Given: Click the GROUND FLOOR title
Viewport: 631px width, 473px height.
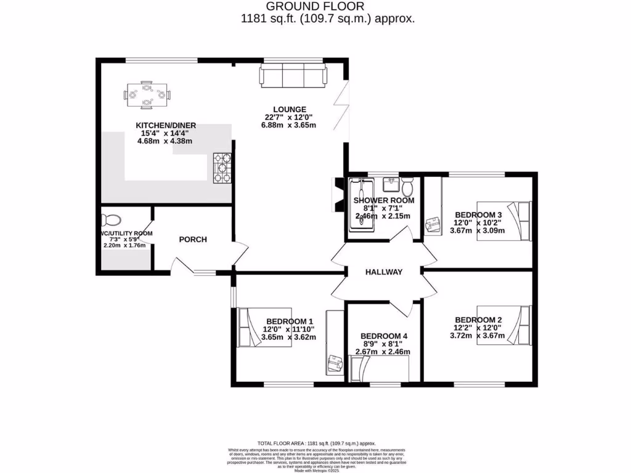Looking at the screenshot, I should point(327,7).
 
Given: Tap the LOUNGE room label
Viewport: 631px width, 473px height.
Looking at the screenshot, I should point(290,109).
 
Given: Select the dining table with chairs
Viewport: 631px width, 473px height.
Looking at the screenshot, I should point(147,94).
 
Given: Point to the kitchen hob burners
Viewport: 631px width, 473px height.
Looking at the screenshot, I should point(222,168).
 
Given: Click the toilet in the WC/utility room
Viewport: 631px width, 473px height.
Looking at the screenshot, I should point(112,219).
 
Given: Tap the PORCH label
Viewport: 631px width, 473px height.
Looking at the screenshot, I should point(193,240).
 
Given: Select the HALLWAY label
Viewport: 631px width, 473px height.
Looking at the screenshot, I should point(383,272).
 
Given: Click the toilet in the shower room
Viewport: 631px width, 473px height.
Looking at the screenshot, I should point(407,186).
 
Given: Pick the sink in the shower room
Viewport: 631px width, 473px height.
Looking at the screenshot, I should point(389,184).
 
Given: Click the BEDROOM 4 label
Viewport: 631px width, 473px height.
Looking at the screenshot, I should point(384,336).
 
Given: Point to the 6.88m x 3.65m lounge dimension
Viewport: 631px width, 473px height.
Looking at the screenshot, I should point(288,125).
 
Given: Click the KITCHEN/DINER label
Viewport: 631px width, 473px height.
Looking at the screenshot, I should point(166,126).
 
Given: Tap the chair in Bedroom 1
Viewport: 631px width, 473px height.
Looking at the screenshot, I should point(335,363).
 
